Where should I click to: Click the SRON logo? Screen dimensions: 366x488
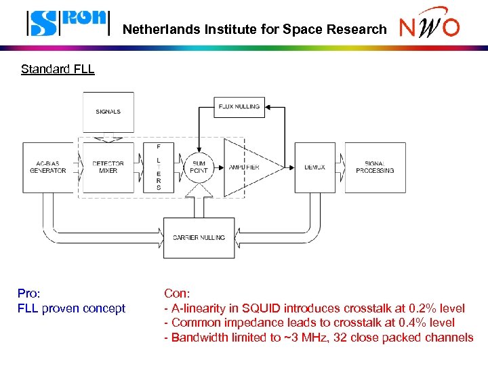coord(67,22)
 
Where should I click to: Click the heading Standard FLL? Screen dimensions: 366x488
coord(58,69)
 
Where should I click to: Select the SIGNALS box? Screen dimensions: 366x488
coord(108,112)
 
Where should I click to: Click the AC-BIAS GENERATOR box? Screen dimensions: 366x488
coord(47,167)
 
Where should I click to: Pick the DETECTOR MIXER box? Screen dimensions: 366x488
coord(108,167)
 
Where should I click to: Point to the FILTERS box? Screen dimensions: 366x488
coord(159,167)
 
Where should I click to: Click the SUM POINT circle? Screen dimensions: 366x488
coord(199,167)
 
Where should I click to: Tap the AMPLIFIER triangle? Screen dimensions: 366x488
coord(247,167)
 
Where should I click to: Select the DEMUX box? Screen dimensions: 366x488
coord(314,167)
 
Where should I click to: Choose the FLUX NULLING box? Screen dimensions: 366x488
coord(239,107)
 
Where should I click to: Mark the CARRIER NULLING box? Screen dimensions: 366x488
coord(199,238)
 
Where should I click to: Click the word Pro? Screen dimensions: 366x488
coord(29,293)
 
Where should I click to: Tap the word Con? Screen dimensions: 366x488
coord(178,293)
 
